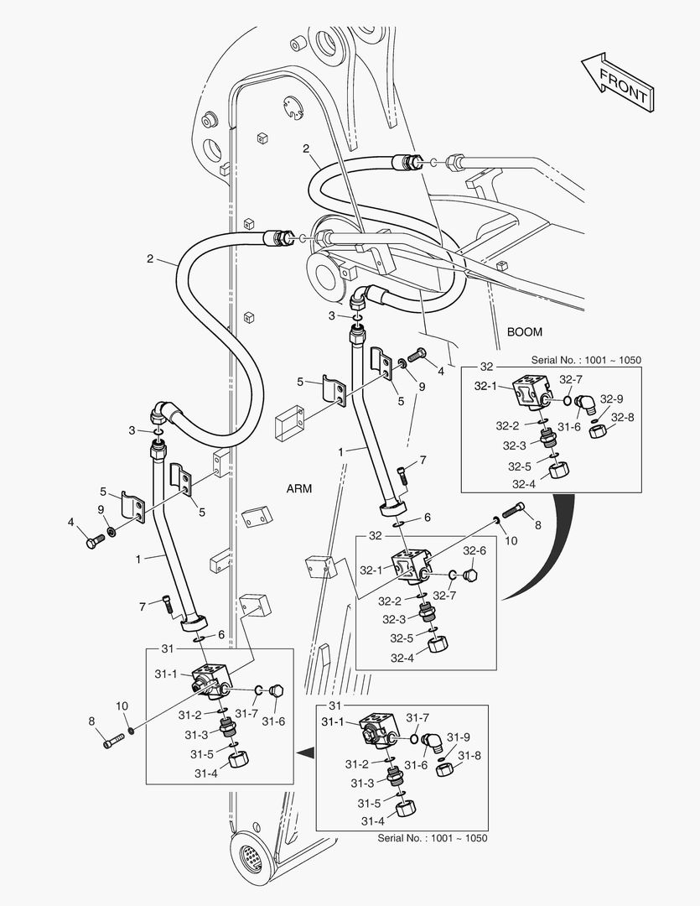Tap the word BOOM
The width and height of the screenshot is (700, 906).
[524, 332]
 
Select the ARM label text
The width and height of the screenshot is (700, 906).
[299, 489]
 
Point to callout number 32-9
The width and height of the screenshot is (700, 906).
[611, 399]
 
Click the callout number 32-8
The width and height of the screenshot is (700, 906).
[621, 417]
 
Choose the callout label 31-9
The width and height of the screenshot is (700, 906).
[458, 737]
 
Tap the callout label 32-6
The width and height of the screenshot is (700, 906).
[474, 551]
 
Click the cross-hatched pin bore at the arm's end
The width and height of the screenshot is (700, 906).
[251, 858]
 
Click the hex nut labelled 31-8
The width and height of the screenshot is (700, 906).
[445, 767]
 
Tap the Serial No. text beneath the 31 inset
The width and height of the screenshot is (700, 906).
[432, 838]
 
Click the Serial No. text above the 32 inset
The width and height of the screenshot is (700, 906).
[586, 360]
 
